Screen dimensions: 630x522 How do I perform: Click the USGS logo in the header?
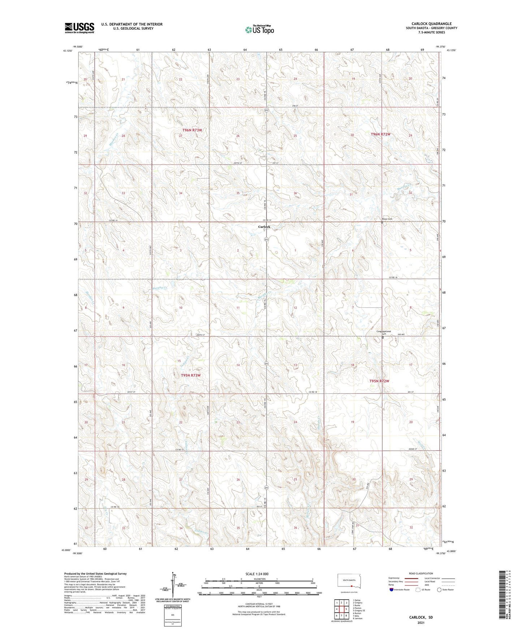click(x=79, y=28)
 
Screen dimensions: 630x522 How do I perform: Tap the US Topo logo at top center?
click(x=259, y=30)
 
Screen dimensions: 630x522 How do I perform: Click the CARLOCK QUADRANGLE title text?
click(x=431, y=24)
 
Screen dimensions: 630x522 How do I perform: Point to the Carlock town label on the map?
click(x=264, y=227)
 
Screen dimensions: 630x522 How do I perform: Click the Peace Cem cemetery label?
click(x=387, y=219)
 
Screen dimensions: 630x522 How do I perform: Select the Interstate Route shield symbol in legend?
click(x=391, y=590)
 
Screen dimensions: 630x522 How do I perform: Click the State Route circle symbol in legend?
click(x=439, y=590)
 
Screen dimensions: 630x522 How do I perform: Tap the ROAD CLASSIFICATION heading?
click(x=421, y=573)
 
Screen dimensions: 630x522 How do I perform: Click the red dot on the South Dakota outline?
click(x=351, y=586)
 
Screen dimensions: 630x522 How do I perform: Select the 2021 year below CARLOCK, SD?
click(x=421, y=623)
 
